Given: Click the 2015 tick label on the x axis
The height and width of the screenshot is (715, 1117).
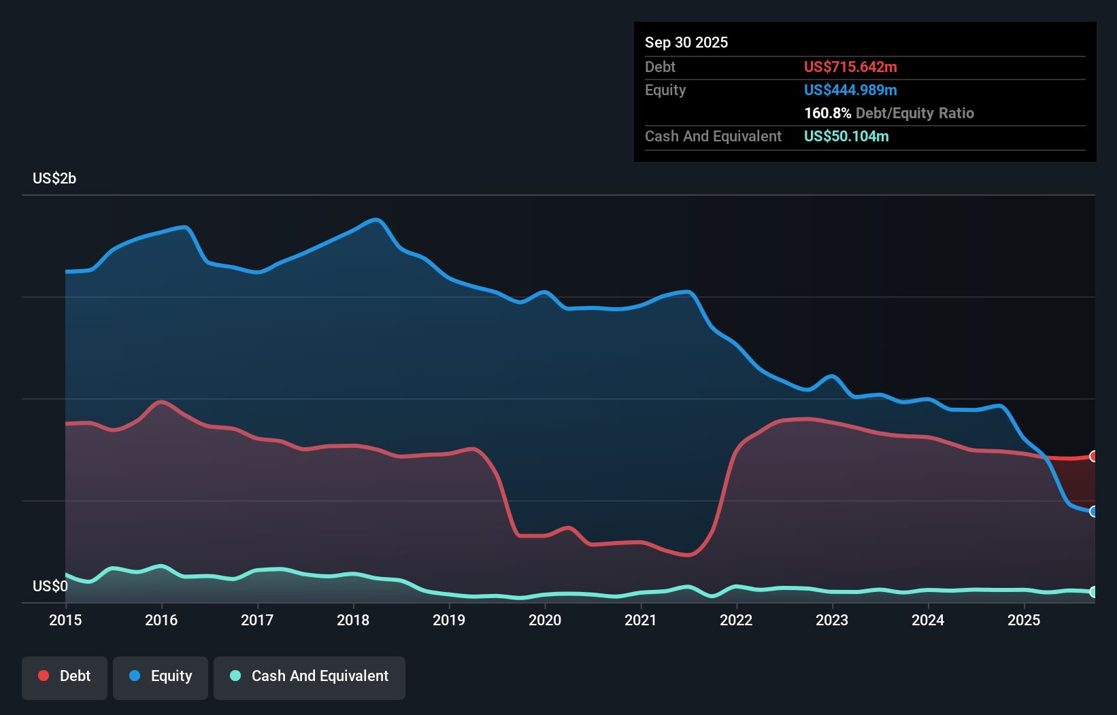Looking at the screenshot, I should [65, 620].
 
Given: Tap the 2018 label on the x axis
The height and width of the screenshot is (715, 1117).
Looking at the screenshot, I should [353, 620].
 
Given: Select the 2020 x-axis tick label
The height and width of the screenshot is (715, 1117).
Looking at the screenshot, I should [545, 620].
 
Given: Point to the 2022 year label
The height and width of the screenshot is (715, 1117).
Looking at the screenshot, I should [736, 620].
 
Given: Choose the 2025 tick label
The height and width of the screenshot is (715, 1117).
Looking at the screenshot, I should [1024, 620].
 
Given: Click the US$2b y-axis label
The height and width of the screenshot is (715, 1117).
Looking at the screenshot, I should [54, 178].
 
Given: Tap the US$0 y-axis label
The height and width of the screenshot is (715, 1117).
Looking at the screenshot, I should [50, 586].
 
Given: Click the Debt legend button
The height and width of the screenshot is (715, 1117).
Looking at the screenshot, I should [65, 676].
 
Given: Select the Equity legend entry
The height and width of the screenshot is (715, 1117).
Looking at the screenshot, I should [161, 676].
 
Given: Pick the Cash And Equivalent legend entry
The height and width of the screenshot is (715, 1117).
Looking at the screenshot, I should [310, 676].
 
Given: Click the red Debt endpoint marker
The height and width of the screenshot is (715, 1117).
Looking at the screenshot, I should [1093, 456].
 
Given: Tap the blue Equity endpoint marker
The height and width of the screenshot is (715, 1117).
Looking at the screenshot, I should [1093, 511].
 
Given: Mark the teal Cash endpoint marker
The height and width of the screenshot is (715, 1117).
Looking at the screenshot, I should [1093, 592].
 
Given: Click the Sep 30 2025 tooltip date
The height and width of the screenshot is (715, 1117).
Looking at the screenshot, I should [686, 42].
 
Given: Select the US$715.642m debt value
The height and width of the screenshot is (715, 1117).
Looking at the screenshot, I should [850, 67].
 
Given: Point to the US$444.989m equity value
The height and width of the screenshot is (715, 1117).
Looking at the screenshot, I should [850, 90].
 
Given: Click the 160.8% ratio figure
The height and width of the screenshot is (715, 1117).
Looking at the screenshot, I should [828, 113].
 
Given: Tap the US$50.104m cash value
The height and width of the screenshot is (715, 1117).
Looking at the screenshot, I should [846, 136].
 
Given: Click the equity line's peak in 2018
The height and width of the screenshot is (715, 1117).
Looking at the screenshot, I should [376, 220].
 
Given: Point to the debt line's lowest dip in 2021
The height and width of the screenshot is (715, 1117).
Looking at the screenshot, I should [688, 555].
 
